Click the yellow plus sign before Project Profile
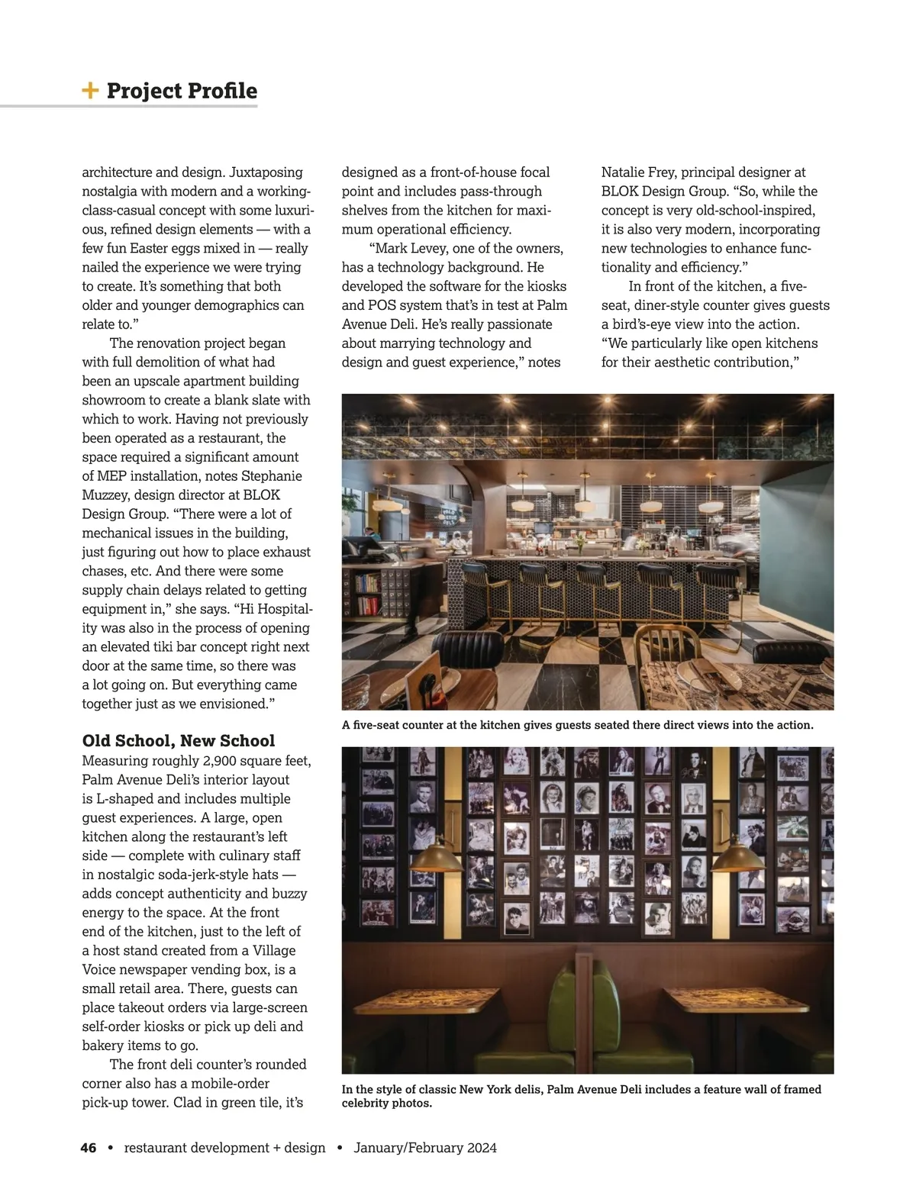pyautogui.click(x=90, y=91)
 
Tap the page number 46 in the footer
pyautogui.click(x=89, y=1148)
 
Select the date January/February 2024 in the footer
pyautogui.click(x=425, y=1148)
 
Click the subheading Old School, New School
pyautogui.click(x=178, y=741)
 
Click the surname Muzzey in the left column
pyautogui.click(x=105, y=495)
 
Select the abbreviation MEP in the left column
pyautogui.click(x=113, y=476)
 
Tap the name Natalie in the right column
pyautogui.click(x=626, y=172)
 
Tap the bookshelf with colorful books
pyautogui.click(x=368, y=594)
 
